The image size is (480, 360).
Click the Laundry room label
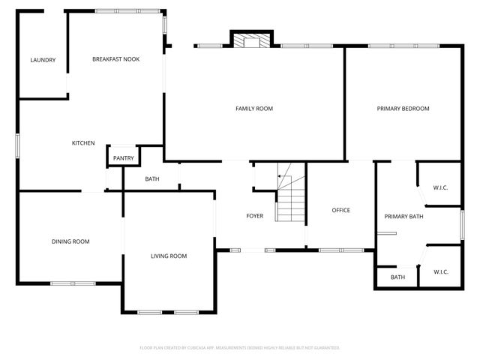43,60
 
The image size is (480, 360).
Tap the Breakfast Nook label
116,59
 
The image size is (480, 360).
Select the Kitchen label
83,143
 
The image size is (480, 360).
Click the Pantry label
124,158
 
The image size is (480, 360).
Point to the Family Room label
254,109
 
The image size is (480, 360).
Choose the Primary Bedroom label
403,109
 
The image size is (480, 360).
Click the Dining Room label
70,241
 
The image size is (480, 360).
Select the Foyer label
255,216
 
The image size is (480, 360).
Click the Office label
341,210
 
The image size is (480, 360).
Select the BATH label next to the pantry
152,179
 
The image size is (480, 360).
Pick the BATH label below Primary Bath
397,277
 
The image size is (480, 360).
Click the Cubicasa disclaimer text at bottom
240,348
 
